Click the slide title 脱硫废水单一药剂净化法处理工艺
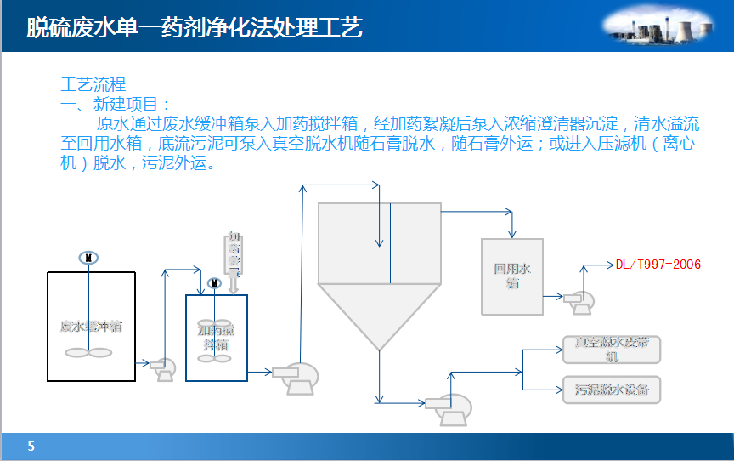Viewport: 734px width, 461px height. [x=195, y=29]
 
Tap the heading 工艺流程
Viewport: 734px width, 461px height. [x=93, y=85]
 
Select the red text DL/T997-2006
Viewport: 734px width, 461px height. [x=658, y=265]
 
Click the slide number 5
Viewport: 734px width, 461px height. [x=31, y=447]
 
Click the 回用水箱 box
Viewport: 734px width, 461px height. [x=512, y=276]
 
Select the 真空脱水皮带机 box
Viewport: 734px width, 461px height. [x=611, y=349]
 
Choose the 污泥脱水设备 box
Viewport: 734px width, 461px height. [x=611, y=390]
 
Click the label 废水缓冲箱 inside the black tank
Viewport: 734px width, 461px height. [x=91, y=326]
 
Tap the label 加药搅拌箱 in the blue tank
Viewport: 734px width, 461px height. [x=217, y=337]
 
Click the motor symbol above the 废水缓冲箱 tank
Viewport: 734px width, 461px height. [x=88, y=258]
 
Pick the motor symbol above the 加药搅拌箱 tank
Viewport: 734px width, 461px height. [x=215, y=283]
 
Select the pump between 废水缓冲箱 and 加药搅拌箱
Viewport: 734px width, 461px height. [x=163, y=368]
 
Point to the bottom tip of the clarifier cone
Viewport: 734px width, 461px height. [x=380, y=349]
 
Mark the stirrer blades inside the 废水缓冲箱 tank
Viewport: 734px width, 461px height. [x=88, y=352]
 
